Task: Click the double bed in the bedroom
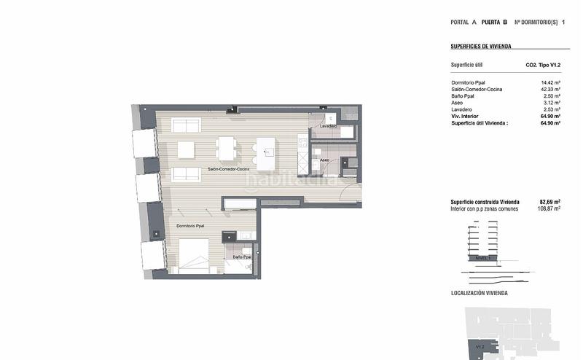(x=192, y=255)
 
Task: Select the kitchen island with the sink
(x=266, y=149)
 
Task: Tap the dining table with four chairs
(x=227, y=149)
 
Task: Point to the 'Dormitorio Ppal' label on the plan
(x=189, y=226)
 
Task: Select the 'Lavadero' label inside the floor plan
(x=328, y=126)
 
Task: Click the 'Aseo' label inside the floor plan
(x=324, y=160)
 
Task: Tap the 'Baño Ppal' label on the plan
(x=242, y=257)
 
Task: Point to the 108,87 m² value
(x=549, y=209)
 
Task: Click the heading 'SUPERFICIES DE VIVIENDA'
(x=481, y=46)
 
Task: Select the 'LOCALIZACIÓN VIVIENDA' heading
(x=480, y=293)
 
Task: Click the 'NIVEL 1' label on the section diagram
(x=481, y=258)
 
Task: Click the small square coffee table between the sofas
(x=187, y=149)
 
